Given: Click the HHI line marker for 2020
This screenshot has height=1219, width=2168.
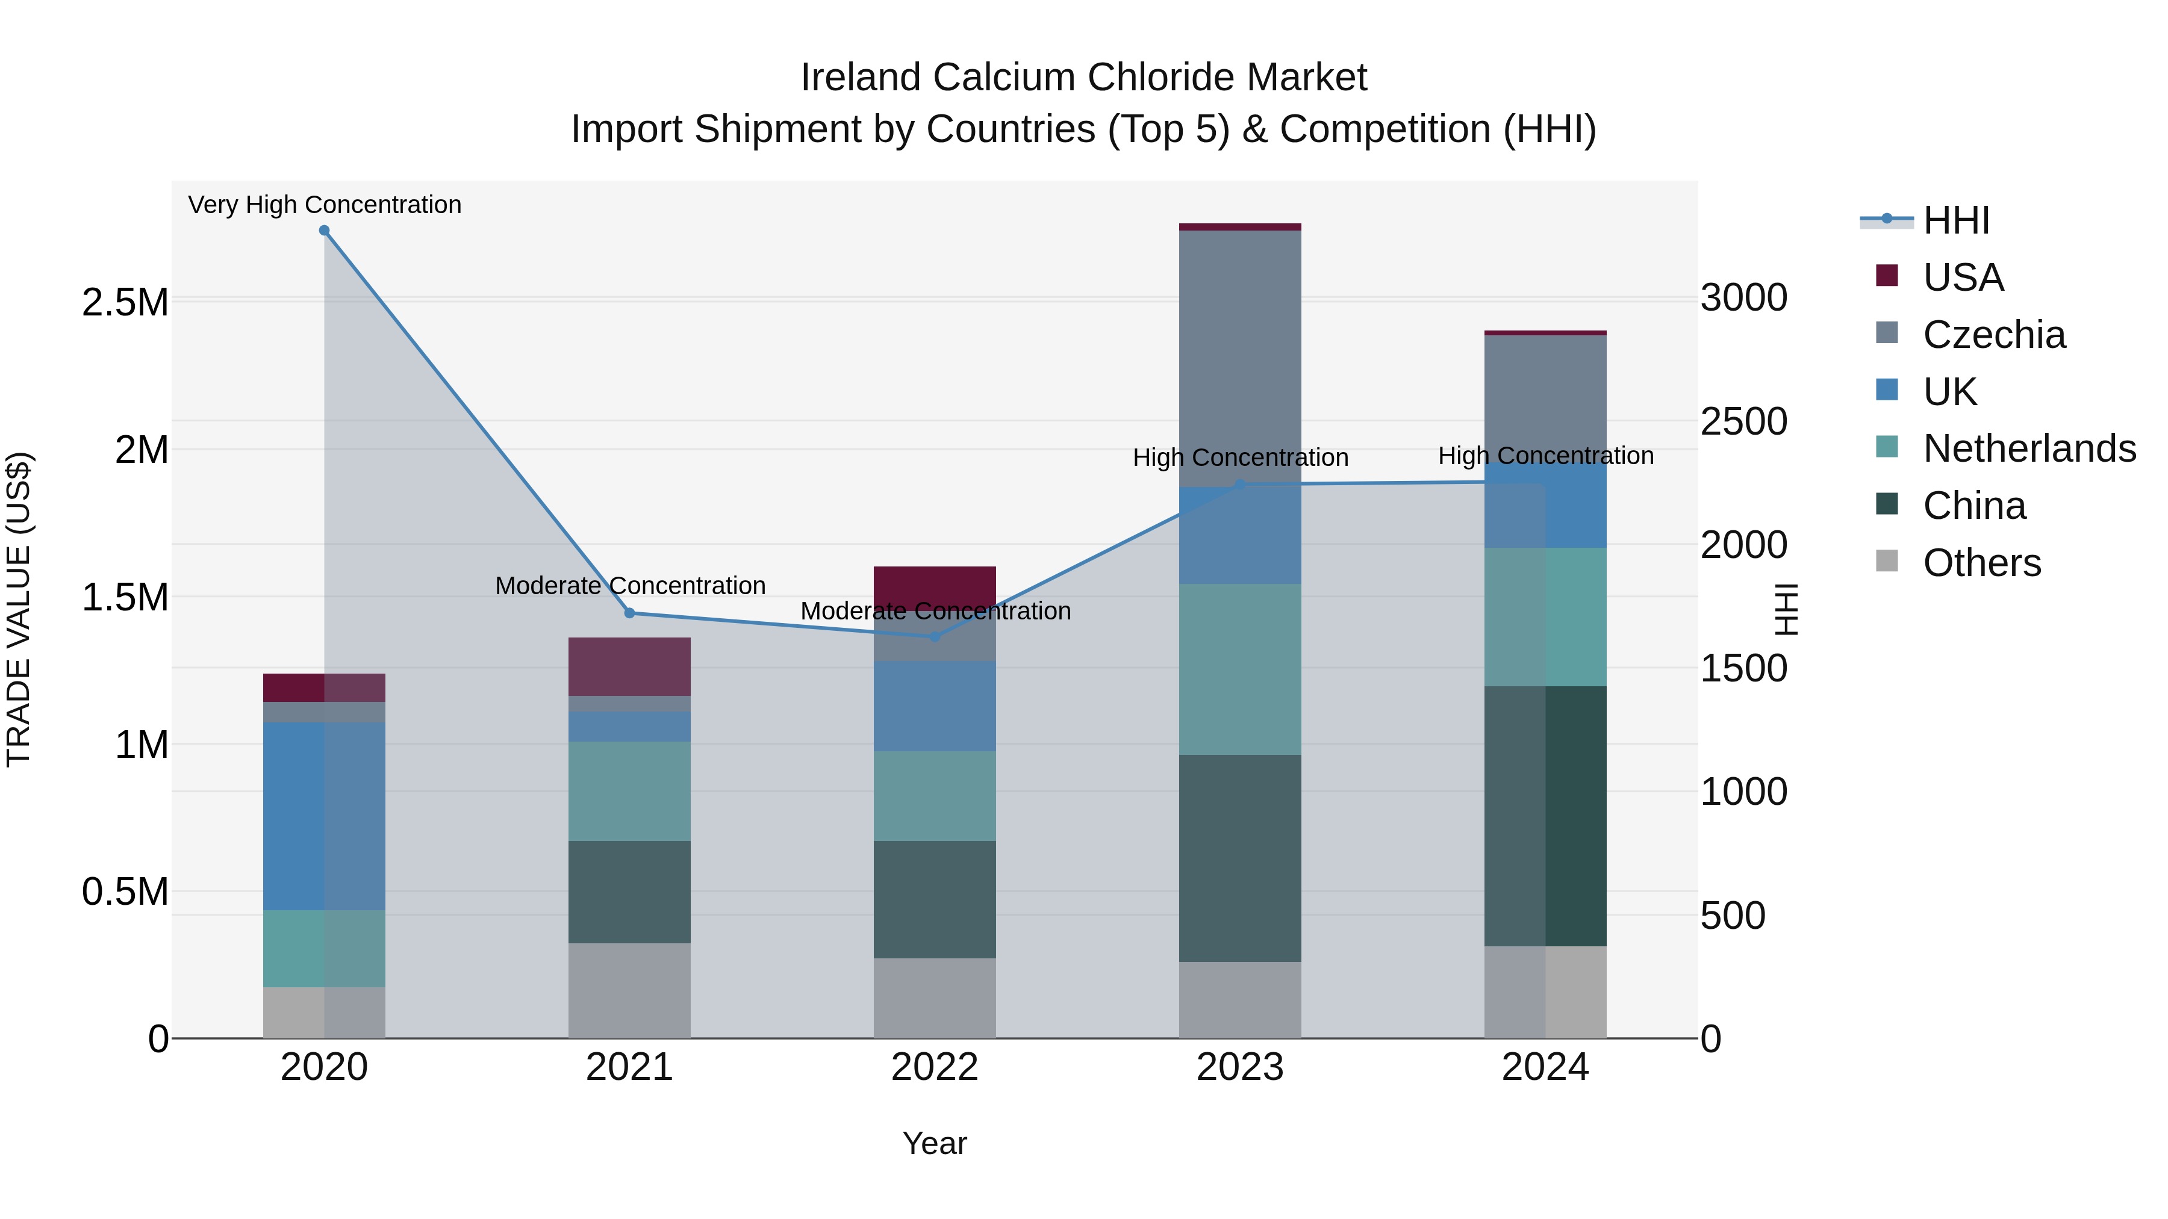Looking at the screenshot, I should coord(324,231).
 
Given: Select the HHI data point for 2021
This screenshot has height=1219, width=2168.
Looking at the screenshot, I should coord(629,613).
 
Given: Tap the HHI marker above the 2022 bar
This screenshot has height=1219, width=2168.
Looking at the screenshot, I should coord(934,637).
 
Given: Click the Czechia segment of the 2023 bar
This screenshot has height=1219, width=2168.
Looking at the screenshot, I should coord(1240,358).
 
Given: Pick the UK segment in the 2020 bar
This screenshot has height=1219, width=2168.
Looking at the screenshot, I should coord(324,816).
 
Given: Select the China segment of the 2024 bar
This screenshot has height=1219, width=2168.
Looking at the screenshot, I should coord(1545,816).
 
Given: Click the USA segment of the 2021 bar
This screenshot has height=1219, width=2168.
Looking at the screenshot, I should coord(629,666).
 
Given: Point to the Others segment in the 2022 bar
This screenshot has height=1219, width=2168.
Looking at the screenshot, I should coord(934,999).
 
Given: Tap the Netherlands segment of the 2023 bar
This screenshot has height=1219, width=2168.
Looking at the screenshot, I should coord(1240,669).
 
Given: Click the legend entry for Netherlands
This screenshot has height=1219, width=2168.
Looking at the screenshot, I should coord(2029,448).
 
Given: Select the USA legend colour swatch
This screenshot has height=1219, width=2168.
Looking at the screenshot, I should coord(1887,276).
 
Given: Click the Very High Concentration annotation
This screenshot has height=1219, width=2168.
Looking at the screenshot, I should coord(324,205).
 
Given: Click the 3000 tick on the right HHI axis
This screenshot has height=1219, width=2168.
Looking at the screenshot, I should coord(1743,298).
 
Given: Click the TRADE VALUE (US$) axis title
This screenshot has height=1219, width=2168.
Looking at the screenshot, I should coord(19,609).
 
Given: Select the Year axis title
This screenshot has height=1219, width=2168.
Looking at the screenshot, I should coord(934,1143).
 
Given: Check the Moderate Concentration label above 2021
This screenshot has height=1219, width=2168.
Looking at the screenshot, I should coord(629,586).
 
